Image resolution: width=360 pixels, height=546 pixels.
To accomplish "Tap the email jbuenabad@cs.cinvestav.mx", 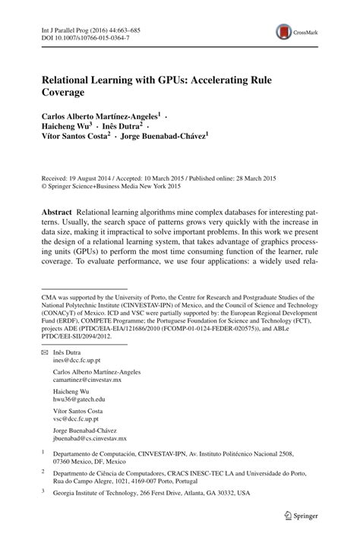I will (90, 459).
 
